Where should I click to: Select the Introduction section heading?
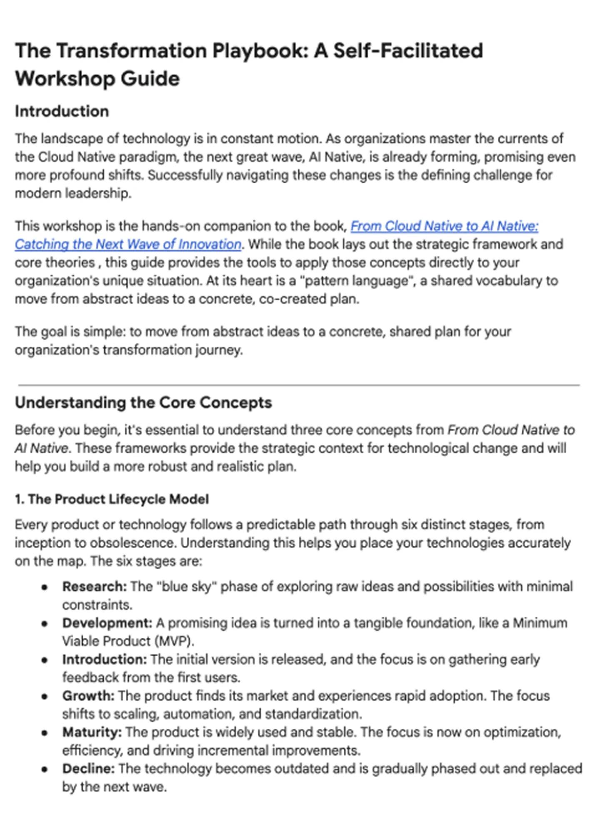pyautogui.click(x=62, y=111)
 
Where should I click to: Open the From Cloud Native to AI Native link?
pyautogui.click(x=444, y=226)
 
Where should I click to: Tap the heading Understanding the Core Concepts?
pyautogui.click(x=143, y=402)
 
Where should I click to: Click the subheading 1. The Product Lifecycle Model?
pyautogui.click(x=112, y=499)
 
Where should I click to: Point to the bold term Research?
pyautogui.click(x=94, y=586)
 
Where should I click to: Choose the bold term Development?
pyautogui.click(x=107, y=622)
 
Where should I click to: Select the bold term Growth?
pyautogui.click(x=88, y=695)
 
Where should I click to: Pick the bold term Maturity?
pyautogui.click(x=92, y=732)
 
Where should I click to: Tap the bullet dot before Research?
pyautogui.click(x=45, y=587)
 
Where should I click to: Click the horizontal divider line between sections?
pyautogui.click(x=298, y=385)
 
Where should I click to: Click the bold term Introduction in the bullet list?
pyautogui.click(x=104, y=659)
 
